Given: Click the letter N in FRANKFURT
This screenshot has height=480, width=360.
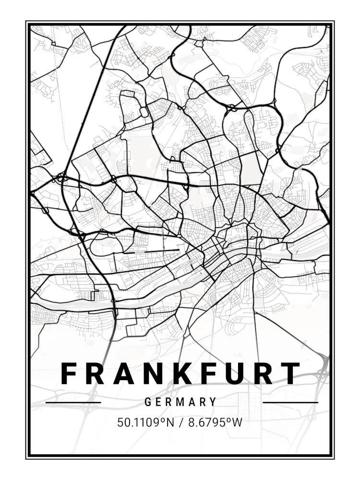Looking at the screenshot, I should coord(152,373).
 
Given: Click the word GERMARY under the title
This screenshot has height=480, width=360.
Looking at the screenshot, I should coord(180,402).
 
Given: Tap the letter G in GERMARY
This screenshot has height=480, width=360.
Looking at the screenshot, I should coord(148,402).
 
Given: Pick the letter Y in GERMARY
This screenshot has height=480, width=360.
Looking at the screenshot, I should coord(213,402).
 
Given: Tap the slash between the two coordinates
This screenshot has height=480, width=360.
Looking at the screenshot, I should coord(181,423).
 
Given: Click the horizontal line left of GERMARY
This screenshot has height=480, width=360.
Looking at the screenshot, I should coord(73,402).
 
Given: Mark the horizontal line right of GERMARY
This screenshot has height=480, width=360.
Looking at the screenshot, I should coord(290,402).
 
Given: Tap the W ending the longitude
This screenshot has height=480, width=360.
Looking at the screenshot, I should coord(238,423).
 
